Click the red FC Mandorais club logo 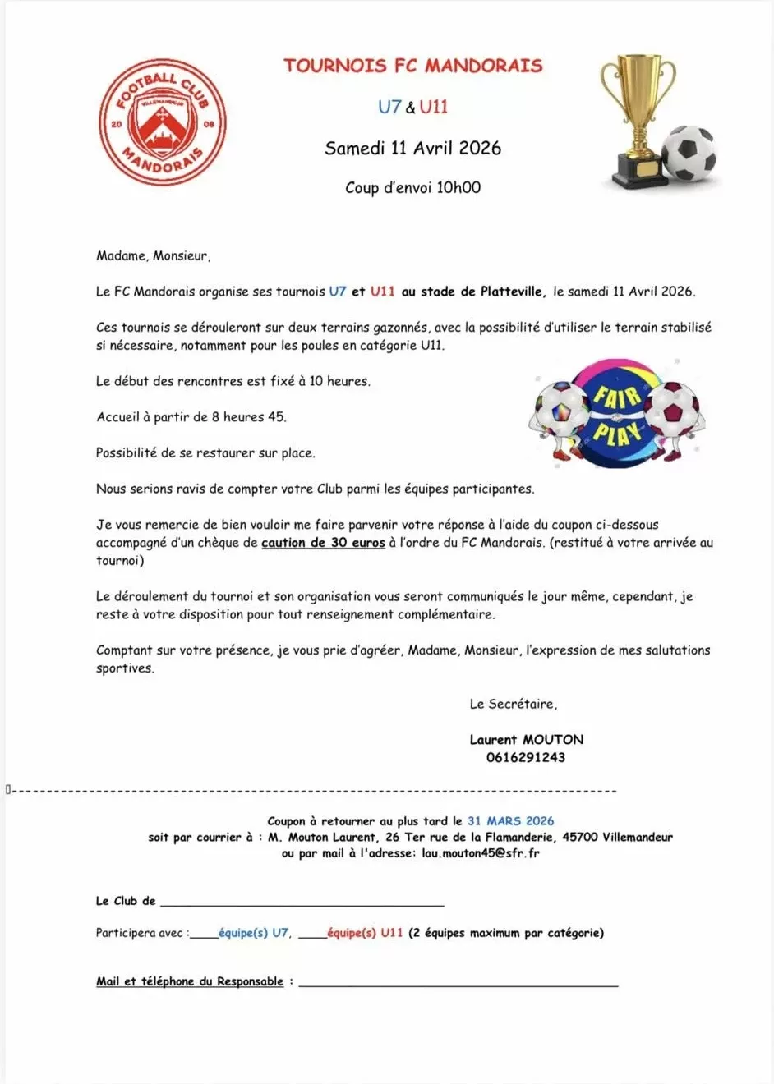click(x=162, y=122)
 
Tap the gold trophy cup click(x=637, y=115)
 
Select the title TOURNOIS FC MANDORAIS click(x=412, y=66)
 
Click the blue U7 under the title click(x=389, y=107)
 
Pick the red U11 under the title click(x=433, y=107)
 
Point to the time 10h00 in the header click(x=458, y=187)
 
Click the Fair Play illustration click(x=616, y=414)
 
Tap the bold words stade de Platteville click(x=482, y=292)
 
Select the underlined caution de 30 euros click(x=323, y=543)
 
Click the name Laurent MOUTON click(x=526, y=740)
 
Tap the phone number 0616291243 click(x=526, y=758)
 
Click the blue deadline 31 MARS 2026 click(x=510, y=821)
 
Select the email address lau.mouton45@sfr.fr click(x=481, y=854)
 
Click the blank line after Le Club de click(x=302, y=903)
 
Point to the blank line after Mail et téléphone click(x=458, y=982)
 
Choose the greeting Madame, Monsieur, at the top click(x=153, y=256)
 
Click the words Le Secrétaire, click(x=513, y=705)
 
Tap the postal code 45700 click(x=579, y=838)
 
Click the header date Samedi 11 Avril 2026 click(x=412, y=149)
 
